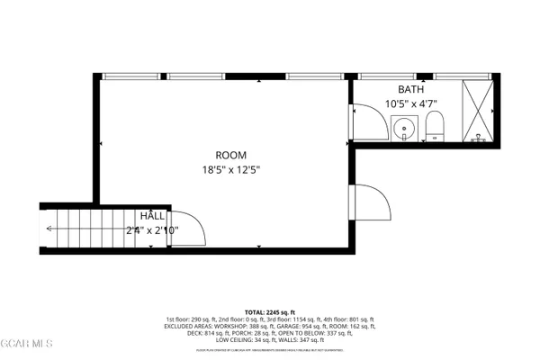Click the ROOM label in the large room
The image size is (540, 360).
pyautogui.click(x=230, y=155)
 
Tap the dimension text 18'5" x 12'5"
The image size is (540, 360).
pyautogui.click(x=230, y=168)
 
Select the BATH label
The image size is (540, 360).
pyautogui.click(x=410, y=90)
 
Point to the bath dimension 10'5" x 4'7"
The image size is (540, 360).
pyautogui.click(x=410, y=104)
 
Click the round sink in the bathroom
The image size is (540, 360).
pyautogui.click(x=406, y=129)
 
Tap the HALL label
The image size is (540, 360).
pyautogui.click(x=151, y=217)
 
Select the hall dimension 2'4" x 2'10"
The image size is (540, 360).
pyautogui.click(x=151, y=230)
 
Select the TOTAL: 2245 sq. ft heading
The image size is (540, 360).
pyautogui.click(x=270, y=310)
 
